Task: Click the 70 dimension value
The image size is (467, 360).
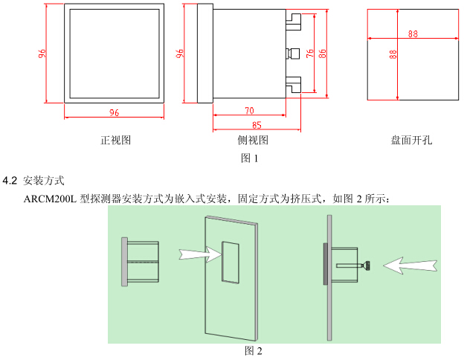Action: click(249, 111)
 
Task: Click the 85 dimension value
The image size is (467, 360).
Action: click(257, 125)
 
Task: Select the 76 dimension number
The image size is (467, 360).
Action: click(310, 54)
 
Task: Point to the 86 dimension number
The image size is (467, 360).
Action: click(322, 54)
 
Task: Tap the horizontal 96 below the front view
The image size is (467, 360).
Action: click(114, 112)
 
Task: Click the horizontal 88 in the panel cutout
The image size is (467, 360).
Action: click(413, 33)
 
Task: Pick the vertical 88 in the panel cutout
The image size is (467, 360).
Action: click(393, 54)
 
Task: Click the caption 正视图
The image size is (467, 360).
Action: click(115, 140)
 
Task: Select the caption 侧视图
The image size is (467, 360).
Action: click(253, 140)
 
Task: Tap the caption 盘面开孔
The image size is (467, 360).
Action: click(411, 140)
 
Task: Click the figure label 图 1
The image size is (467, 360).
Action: click(249, 158)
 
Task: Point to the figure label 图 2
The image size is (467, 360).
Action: click(253, 351)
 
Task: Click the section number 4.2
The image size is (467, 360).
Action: click(10, 181)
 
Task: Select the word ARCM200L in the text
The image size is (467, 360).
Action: click(50, 199)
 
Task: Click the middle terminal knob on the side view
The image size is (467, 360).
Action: click(294, 54)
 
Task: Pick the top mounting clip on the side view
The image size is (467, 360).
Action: click(294, 22)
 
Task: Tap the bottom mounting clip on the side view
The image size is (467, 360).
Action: click(294, 85)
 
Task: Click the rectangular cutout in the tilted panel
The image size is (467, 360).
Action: click(231, 263)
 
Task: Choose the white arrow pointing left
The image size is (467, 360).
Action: click(410, 266)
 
